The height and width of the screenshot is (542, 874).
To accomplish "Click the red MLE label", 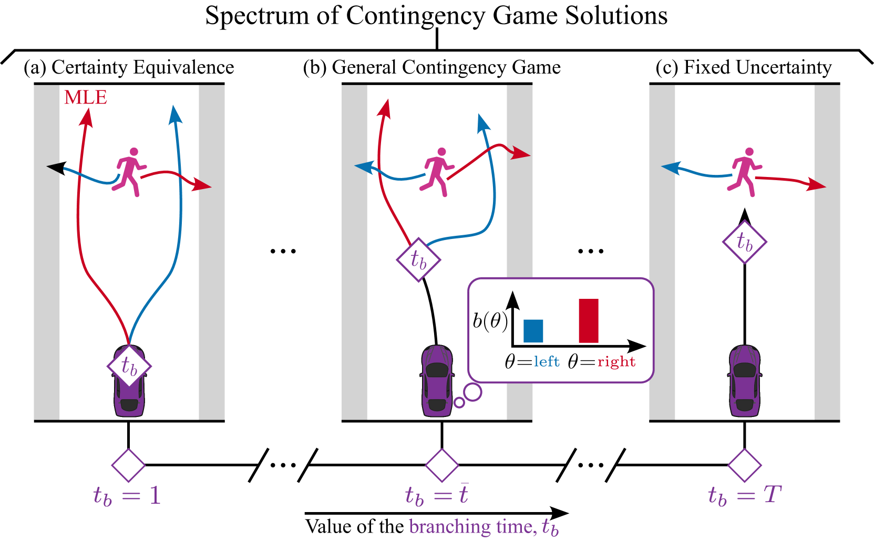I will pyautogui.click(x=85, y=97).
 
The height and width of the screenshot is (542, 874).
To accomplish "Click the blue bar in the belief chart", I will pyautogui.click(x=533, y=331).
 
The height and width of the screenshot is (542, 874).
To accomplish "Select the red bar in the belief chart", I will pyautogui.click(x=588, y=320).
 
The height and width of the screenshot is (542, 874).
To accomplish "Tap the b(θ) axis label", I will pyautogui.click(x=490, y=320).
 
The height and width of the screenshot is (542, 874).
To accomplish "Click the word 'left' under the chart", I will pyautogui.click(x=547, y=361).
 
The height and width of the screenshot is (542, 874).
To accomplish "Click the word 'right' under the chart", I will pyautogui.click(x=616, y=361).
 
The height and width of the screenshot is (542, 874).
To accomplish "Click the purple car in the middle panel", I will pyautogui.click(x=437, y=381).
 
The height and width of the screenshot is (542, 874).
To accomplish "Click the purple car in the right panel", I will pyautogui.click(x=744, y=381).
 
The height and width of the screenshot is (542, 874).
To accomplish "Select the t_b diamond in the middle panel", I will pyautogui.click(x=418, y=259).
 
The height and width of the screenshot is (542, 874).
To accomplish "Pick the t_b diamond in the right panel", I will pyautogui.click(x=744, y=242).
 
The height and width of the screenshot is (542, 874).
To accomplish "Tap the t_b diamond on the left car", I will pyautogui.click(x=129, y=366).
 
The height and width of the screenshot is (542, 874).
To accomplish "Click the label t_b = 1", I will pyautogui.click(x=127, y=496).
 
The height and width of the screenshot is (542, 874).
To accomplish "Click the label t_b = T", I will pyautogui.click(x=744, y=496).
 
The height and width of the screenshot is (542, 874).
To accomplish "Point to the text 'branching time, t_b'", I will pyautogui.click(x=484, y=527).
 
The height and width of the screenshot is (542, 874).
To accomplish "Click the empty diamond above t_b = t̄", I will pyautogui.click(x=441, y=465).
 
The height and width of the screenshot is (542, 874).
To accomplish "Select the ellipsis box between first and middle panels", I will pyautogui.click(x=283, y=465).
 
